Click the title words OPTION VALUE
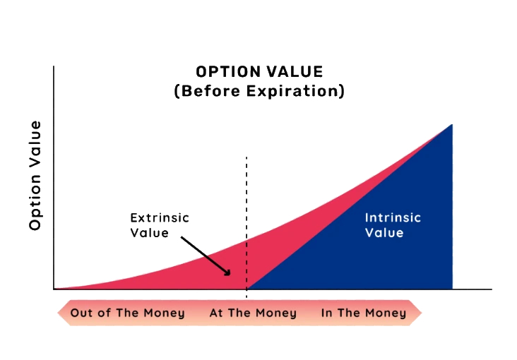[x=259, y=72]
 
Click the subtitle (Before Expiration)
[x=259, y=92]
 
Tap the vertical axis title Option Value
[x=35, y=175]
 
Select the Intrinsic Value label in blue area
[x=393, y=224]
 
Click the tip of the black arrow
[x=231, y=275]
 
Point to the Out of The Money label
[x=127, y=313]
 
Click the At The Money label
[x=253, y=313]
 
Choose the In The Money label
[x=364, y=313]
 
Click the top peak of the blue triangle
[x=451, y=125]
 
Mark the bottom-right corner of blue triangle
[x=451, y=288]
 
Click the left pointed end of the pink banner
[x=57, y=313]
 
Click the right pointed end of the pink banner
[x=421, y=313]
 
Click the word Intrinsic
[x=393, y=217]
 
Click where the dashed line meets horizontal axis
[x=246, y=289]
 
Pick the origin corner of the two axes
[x=53, y=289]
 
